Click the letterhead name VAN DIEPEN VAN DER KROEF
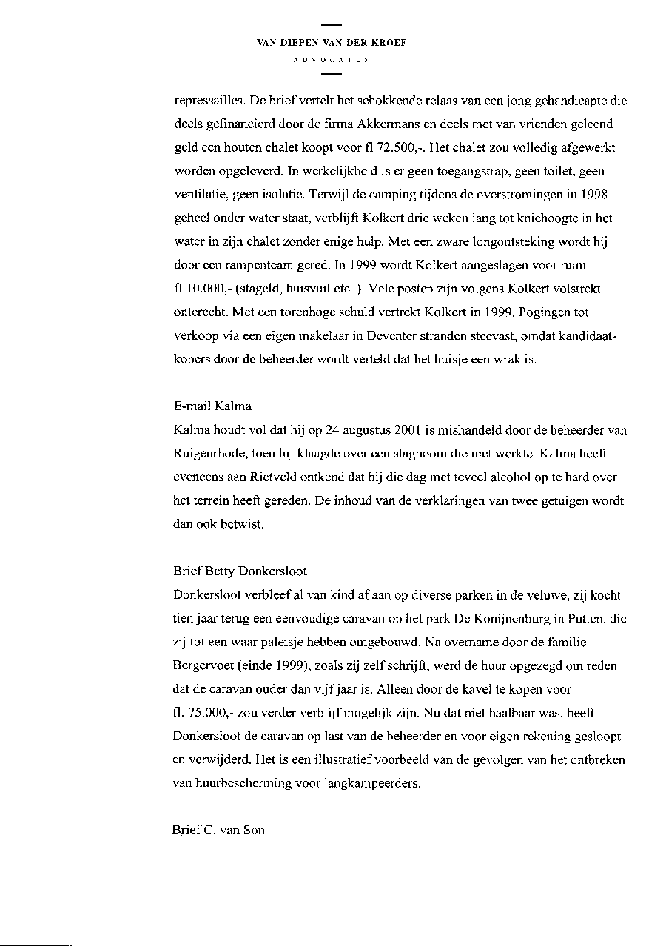point(332,43)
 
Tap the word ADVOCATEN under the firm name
point(332,58)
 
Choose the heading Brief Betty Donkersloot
point(240,572)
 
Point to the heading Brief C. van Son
point(218,831)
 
